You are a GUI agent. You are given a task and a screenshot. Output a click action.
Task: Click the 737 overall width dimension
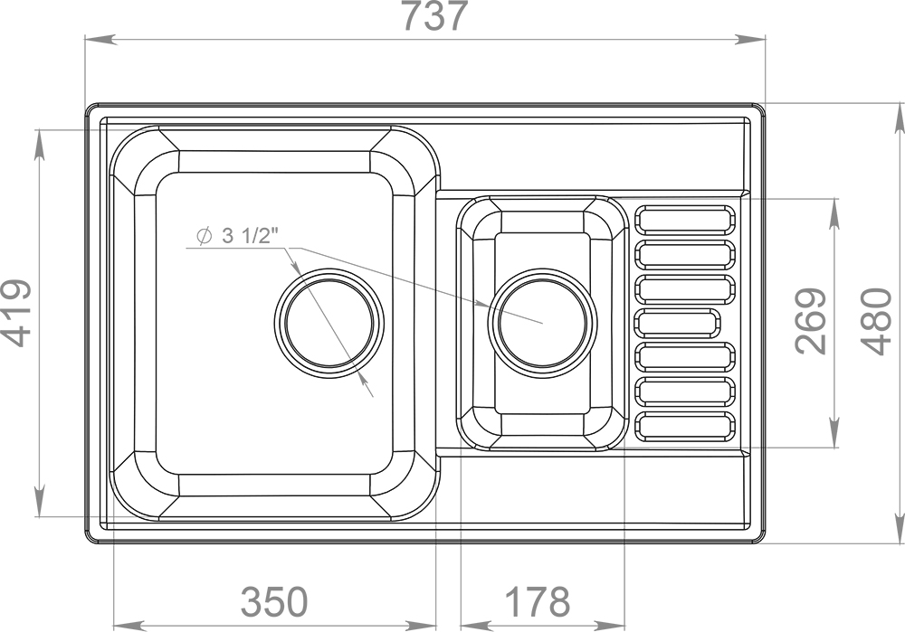[433, 16]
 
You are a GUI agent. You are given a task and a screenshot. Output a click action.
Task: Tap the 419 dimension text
[15, 313]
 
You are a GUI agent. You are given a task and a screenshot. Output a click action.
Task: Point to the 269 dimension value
[811, 321]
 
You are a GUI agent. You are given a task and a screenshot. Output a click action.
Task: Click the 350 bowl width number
[274, 601]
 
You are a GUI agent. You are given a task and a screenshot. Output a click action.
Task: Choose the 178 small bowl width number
[538, 601]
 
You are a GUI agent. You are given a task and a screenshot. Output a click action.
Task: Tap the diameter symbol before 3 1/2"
[203, 236]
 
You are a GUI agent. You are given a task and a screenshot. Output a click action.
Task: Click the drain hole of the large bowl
[329, 323]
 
